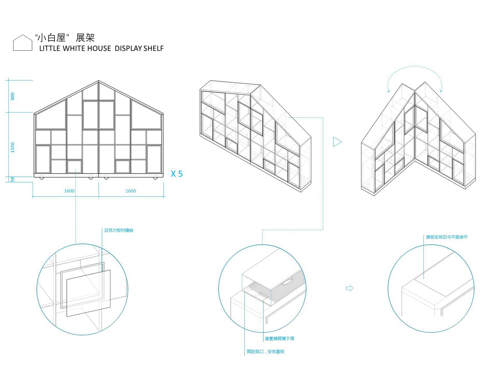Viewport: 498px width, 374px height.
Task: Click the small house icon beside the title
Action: click(x=23, y=43)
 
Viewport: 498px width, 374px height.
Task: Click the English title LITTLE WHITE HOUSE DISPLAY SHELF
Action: click(x=101, y=48)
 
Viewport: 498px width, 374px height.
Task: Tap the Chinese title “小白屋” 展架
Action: click(x=65, y=38)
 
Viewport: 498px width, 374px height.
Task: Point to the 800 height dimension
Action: click(x=12, y=96)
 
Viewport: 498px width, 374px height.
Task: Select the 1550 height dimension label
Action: click(x=12, y=147)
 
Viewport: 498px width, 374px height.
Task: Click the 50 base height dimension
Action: click(x=12, y=179)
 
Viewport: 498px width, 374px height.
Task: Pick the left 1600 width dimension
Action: click(x=69, y=191)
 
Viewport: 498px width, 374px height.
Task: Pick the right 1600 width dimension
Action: click(x=131, y=191)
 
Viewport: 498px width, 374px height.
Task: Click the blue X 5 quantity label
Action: click(x=177, y=174)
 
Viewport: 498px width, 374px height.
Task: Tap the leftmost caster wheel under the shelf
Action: click(x=42, y=178)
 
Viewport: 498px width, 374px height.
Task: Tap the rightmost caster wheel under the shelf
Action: click(x=155, y=178)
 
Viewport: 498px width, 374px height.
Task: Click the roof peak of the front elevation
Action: click(x=98, y=81)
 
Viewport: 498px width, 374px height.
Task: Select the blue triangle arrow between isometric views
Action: click(x=337, y=142)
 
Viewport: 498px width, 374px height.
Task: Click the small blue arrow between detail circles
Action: click(x=349, y=288)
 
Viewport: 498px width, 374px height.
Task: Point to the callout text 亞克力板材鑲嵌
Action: click(x=119, y=230)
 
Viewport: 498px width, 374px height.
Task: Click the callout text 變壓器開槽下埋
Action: click(x=279, y=339)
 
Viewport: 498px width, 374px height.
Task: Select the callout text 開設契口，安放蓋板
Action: click(x=266, y=352)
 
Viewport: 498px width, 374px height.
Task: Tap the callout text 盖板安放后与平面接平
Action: click(x=447, y=237)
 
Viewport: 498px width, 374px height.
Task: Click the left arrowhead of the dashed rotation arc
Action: click(x=388, y=90)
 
